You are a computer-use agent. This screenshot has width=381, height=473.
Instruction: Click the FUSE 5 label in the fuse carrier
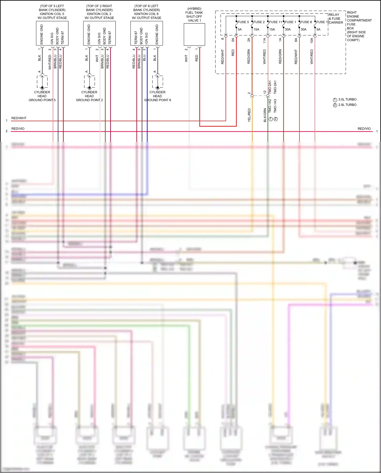point(243,22)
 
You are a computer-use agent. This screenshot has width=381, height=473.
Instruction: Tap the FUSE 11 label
point(275,22)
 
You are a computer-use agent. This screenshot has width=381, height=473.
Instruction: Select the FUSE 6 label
point(306,22)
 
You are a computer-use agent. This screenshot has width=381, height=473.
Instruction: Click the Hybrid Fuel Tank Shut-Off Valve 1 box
point(194,34)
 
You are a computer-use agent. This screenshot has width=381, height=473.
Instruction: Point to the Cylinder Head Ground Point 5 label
point(42,96)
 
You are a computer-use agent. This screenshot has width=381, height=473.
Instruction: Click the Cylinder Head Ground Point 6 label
point(157,96)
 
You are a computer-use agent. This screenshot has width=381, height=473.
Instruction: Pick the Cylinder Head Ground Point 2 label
point(89,96)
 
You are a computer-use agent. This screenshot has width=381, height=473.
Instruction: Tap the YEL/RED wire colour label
point(249,115)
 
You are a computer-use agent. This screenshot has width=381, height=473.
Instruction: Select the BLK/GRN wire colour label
point(265,115)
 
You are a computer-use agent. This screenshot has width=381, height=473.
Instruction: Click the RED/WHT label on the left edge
point(19,118)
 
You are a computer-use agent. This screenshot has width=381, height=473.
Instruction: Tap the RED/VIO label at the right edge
point(364,129)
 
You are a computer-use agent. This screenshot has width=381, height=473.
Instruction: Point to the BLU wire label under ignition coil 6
point(144,58)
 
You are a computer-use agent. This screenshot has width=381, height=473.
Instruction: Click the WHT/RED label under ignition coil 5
point(50,62)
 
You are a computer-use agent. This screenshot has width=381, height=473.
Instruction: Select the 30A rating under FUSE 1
point(288,29)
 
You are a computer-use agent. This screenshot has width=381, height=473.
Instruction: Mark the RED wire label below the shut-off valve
point(197,58)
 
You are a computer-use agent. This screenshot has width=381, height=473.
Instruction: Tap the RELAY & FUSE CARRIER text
point(336,19)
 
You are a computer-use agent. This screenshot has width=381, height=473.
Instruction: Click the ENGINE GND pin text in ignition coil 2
point(89,34)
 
